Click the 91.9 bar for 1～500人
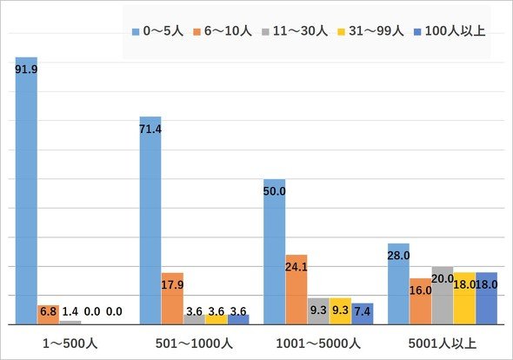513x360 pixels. tap(26, 190)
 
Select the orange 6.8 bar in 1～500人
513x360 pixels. tap(49, 315)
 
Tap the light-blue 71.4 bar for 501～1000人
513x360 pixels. tap(150, 221)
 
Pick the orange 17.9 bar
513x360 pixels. tap(172, 298)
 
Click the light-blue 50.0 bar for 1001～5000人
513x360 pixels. tap(275, 251)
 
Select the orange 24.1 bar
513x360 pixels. tap(296, 290)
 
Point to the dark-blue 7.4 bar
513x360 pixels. tap(363, 314)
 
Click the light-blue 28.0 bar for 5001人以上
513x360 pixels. tap(398, 283)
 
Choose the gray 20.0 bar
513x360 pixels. tap(443, 296)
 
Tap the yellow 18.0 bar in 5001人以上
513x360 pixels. tap(464, 298)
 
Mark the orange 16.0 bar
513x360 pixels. tap(421, 302)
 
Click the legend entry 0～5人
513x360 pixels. tap(157, 31)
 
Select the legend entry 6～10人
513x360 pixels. tap(223, 31)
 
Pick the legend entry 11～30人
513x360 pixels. tap(295, 31)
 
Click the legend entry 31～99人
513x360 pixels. tap(370, 31)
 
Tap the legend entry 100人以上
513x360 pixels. tap(450, 31)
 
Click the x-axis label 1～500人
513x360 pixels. tap(70, 343)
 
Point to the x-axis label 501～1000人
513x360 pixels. tap(194, 343)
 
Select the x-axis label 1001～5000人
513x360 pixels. tap(318, 343)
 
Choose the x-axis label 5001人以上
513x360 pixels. tap(443, 343)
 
